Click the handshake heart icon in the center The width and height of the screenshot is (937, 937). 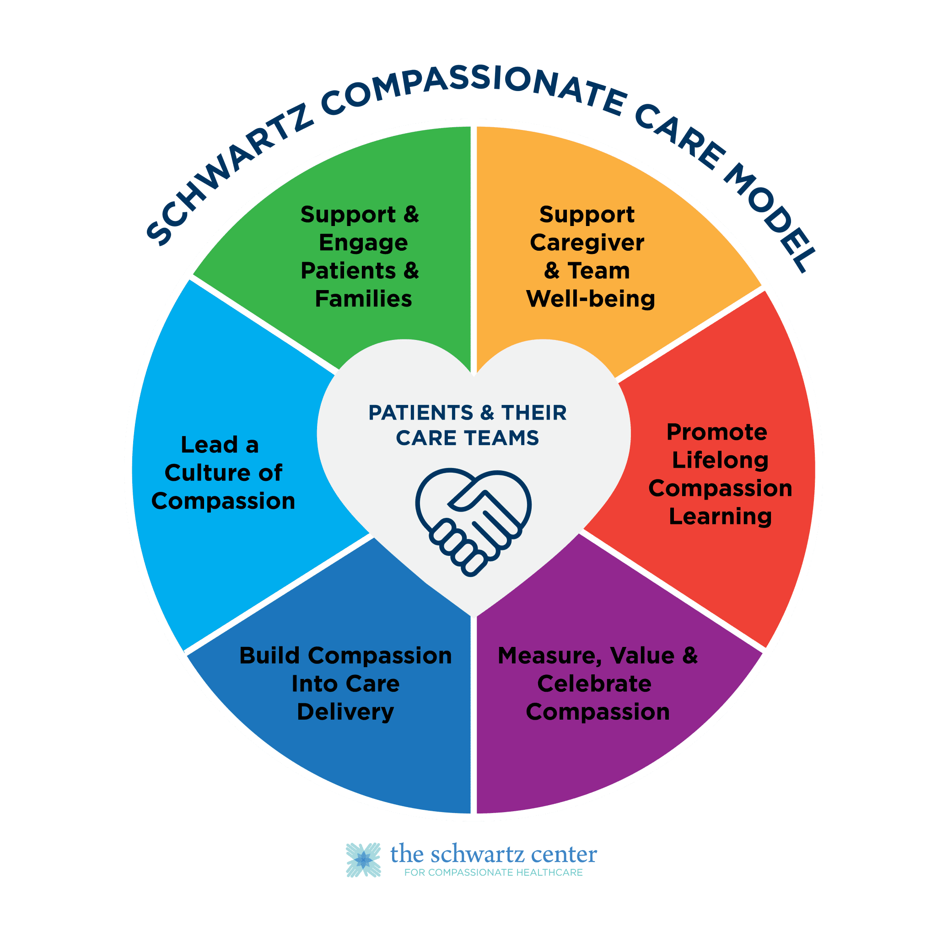point(473,522)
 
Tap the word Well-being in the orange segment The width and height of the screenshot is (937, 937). point(590,299)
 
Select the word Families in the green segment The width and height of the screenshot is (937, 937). point(363,299)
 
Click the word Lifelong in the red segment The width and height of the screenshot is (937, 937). point(720,460)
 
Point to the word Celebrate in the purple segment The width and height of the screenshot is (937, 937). point(594,684)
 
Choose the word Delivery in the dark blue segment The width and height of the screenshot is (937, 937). point(345,712)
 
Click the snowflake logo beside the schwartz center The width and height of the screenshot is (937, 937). point(363,860)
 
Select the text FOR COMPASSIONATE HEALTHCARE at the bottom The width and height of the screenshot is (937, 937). point(493,872)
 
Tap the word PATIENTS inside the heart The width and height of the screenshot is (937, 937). point(420,413)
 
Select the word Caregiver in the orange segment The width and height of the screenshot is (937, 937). point(587,243)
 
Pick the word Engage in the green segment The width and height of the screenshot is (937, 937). point(363,243)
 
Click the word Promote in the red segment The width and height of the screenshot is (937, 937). point(717,432)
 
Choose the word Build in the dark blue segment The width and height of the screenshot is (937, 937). point(269,656)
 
